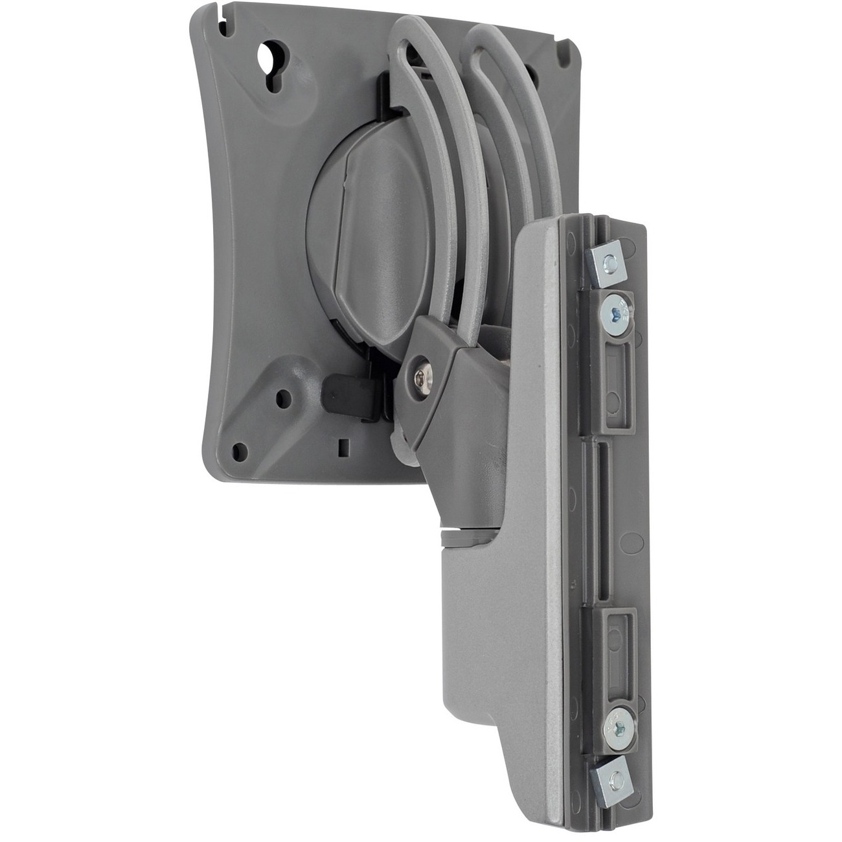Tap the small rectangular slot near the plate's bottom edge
tap(343, 446)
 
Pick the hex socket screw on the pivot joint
tap(426, 374)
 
